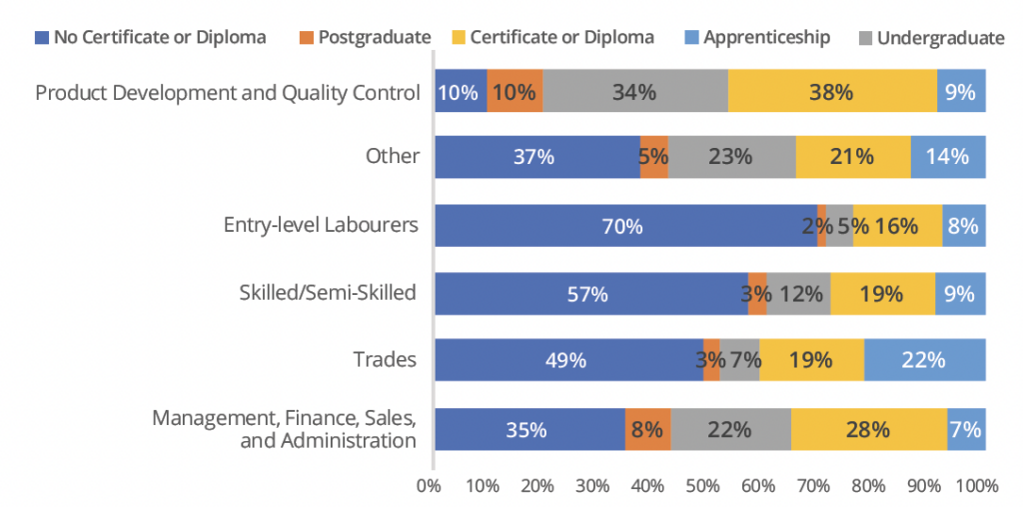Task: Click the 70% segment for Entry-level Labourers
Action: coord(622,226)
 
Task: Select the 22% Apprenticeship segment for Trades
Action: coord(924,360)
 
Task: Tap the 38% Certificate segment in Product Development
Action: coord(832,91)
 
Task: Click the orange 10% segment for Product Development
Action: coord(514,91)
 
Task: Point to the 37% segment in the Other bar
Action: coord(536,157)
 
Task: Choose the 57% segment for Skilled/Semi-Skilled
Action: coord(590,293)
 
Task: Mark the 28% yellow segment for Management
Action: coord(868,429)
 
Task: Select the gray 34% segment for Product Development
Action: coord(635,91)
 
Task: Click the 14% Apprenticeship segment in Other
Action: coord(948,157)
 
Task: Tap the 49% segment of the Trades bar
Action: coord(567,360)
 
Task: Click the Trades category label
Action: coord(385,359)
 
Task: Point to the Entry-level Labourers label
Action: coord(321,225)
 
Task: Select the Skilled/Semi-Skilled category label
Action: coord(327,292)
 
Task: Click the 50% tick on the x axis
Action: coord(702,486)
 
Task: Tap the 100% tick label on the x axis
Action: coord(977,486)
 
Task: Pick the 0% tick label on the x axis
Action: coord(429,486)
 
